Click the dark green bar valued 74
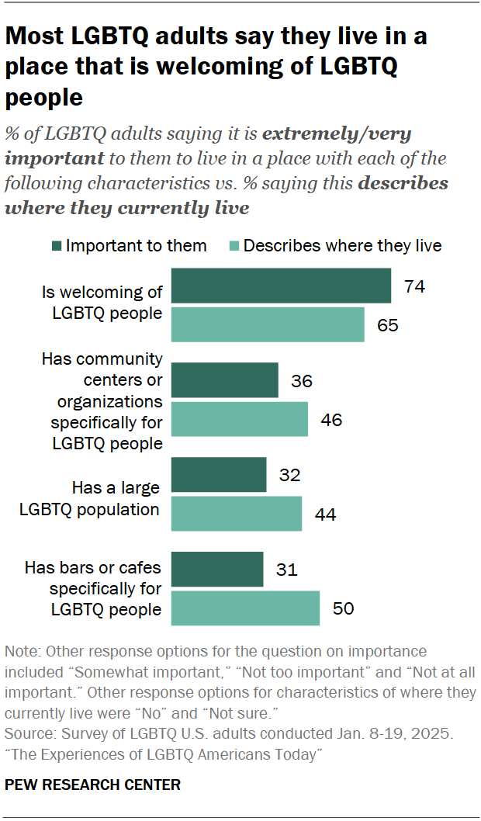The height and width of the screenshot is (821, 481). click(281, 286)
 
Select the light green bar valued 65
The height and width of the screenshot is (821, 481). click(268, 324)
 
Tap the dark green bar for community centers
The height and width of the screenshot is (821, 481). click(224, 380)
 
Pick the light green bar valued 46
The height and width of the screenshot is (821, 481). click(239, 419)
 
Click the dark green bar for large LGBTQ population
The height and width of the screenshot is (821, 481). click(218, 475)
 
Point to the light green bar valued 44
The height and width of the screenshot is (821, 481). click(236, 513)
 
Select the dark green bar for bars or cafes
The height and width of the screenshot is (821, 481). click(216, 570)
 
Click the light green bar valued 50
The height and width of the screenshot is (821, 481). click(245, 608)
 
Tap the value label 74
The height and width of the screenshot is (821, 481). click(415, 286)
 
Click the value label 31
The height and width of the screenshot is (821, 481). click(288, 570)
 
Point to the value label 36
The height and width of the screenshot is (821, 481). click(303, 381)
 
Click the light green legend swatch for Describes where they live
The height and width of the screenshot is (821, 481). click(232, 246)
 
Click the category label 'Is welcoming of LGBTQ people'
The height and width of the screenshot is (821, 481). click(102, 303)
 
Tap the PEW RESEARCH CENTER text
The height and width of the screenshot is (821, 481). click(92, 785)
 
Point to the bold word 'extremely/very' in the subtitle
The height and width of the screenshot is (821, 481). click(337, 133)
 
